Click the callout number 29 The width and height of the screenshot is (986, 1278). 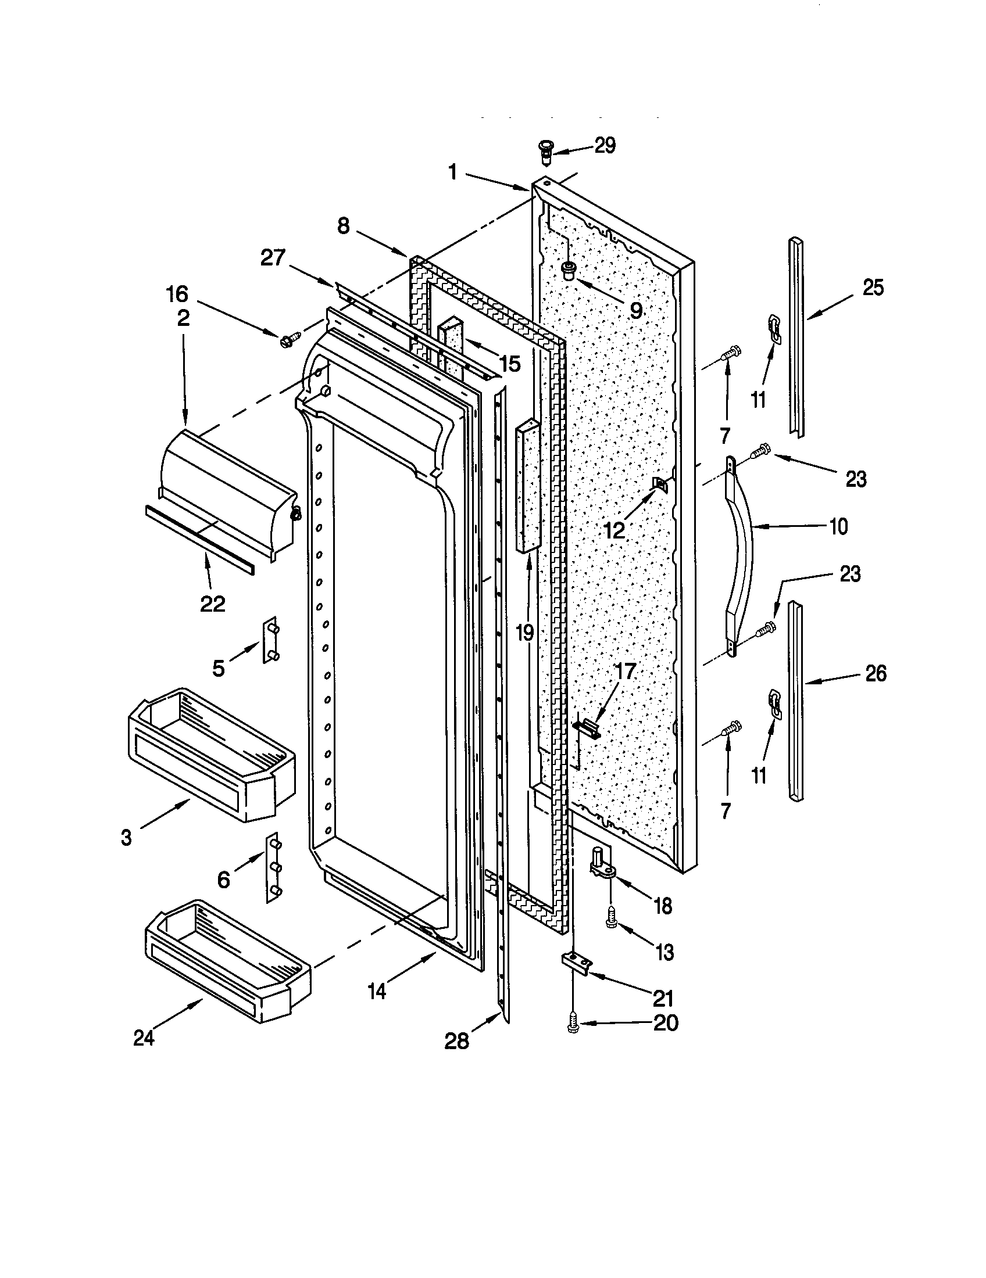click(x=605, y=146)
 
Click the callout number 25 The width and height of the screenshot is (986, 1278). click(x=873, y=289)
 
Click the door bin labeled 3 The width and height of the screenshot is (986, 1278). click(x=209, y=755)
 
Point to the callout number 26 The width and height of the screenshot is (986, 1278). click(x=876, y=673)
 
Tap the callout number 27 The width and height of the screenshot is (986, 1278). click(x=273, y=258)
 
